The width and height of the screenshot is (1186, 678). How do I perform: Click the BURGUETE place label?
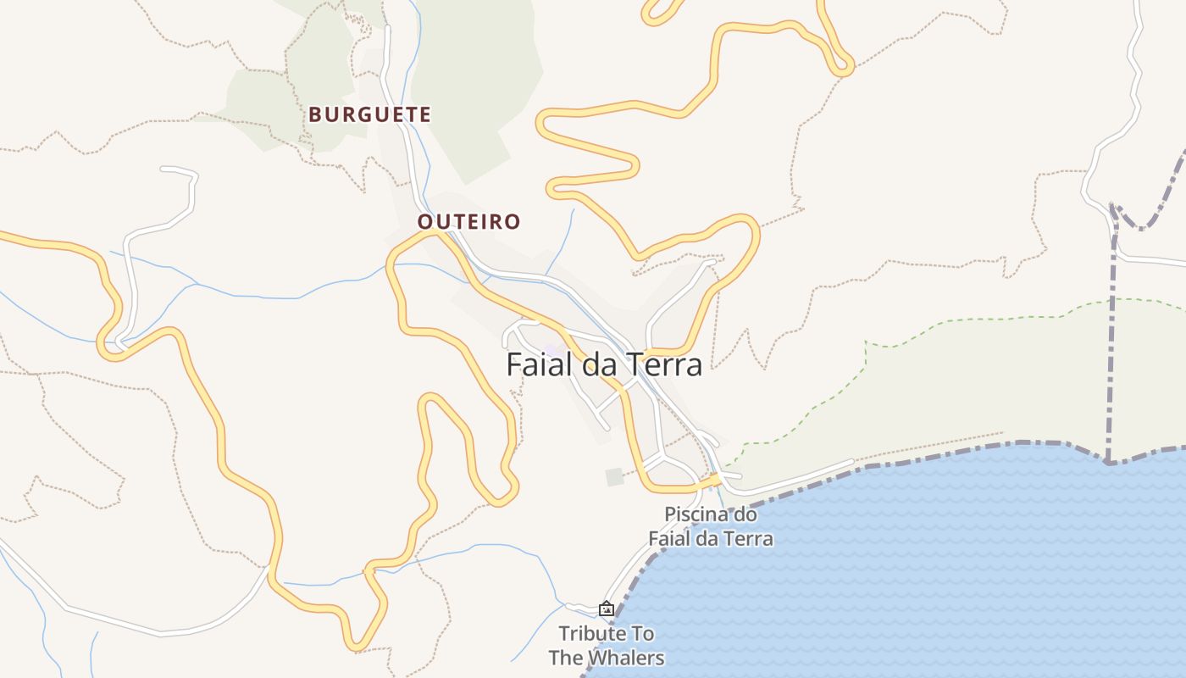click(x=369, y=114)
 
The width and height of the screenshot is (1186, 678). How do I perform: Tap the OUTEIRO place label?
click(x=468, y=222)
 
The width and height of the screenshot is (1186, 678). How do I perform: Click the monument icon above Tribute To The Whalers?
click(x=607, y=609)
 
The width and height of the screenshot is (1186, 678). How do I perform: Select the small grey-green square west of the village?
click(x=614, y=477)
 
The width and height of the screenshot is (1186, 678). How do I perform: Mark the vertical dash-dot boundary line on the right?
click(x=1111, y=339)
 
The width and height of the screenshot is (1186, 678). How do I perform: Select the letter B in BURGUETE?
click(x=315, y=114)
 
